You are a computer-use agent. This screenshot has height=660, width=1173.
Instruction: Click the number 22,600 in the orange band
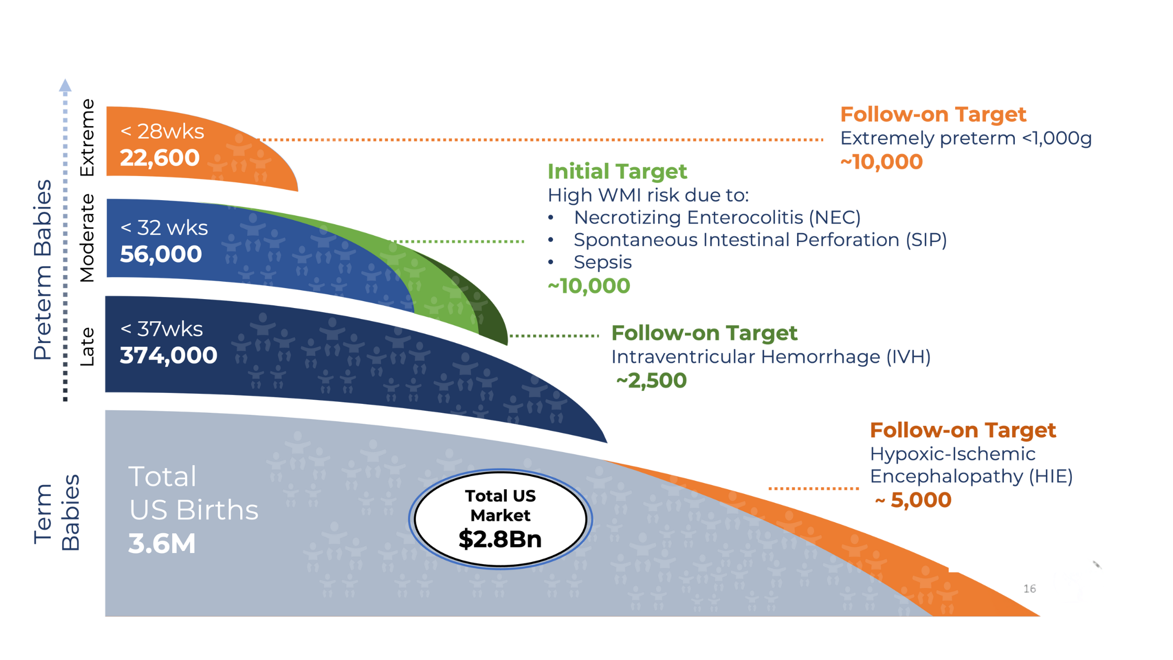tap(160, 158)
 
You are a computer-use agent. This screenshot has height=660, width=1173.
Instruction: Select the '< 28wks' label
tap(162, 131)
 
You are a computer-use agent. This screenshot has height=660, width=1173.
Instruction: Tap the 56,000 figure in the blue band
tap(161, 255)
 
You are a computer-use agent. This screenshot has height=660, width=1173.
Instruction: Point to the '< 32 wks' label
tap(164, 228)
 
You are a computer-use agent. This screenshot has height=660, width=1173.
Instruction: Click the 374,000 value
tap(168, 356)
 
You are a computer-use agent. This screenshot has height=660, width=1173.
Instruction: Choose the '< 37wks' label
tap(162, 329)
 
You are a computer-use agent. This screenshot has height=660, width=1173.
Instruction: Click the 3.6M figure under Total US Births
tap(162, 544)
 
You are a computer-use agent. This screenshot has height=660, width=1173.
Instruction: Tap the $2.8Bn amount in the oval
tap(500, 540)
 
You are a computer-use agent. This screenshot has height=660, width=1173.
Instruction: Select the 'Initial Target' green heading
tap(617, 171)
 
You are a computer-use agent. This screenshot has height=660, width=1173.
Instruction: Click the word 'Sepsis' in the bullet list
tap(603, 262)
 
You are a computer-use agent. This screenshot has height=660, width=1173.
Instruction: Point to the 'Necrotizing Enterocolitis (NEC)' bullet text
tap(717, 217)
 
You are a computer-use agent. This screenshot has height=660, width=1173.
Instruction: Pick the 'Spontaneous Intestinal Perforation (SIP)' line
tap(760, 240)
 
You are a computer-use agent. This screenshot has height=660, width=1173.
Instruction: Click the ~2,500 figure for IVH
tap(652, 381)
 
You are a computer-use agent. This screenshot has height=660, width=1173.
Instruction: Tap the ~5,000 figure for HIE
tap(914, 500)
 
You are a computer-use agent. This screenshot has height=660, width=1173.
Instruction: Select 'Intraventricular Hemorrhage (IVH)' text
tap(771, 357)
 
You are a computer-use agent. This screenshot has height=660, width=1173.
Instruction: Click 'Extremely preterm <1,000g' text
tap(966, 138)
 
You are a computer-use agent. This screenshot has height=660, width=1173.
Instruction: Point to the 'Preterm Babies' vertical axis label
tap(43, 270)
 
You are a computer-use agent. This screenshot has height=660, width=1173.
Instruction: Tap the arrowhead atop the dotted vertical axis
tap(65, 85)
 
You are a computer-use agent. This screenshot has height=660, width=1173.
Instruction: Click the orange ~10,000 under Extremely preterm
tap(882, 162)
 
